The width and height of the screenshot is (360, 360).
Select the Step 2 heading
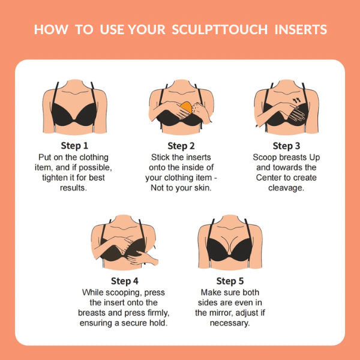(181, 146)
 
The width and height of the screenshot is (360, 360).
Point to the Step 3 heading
(286, 146)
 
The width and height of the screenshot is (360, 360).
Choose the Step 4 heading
(125, 281)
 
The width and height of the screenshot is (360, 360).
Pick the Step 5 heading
(230, 281)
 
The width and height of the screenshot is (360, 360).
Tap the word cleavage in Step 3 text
(286, 188)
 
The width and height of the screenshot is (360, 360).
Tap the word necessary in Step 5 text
(230, 323)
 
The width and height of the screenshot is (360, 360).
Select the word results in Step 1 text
(74, 188)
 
